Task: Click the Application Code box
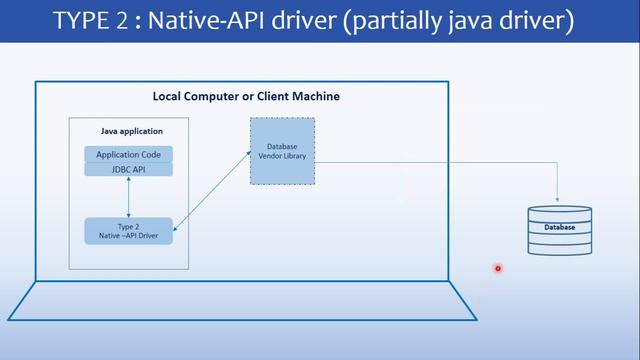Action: click(x=128, y=155)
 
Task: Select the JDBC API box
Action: click(x=128, y=169)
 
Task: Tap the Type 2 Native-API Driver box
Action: click(x=128, y=231)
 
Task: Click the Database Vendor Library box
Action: click(x=282, y=151)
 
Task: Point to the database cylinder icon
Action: click(x=559, y=230)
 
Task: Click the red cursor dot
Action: click(x=497, y=268)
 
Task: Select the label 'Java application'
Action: click(x=131, y=131)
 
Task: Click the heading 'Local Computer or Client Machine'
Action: click(x=246, y=96)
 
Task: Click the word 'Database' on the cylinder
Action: click(x=559, y=228)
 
